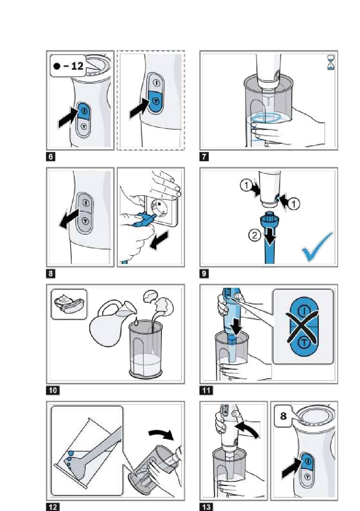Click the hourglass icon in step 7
(330, 62)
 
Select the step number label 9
(204, 273)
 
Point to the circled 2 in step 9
(254, 235)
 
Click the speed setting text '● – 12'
(69, 66)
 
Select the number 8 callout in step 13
(283, 416)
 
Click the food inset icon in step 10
(69, 304)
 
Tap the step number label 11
(206, 390)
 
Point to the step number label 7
(204, 156)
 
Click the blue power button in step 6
(84, 111)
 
